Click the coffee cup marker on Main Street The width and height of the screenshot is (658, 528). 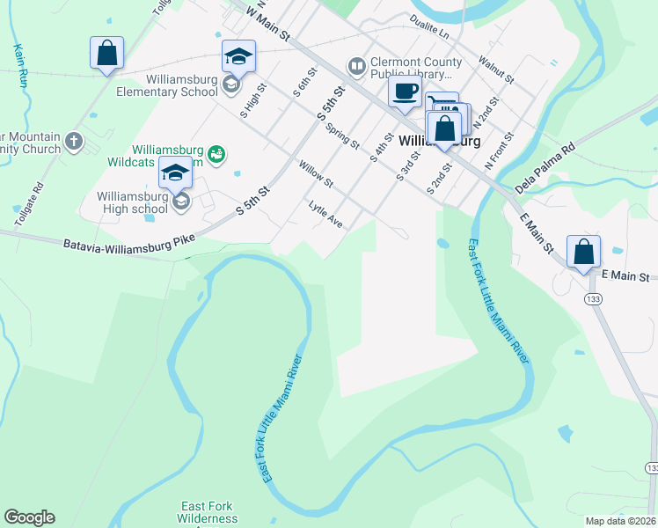(x=405, y=92)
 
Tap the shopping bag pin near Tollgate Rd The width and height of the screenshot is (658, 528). (x=106, y=53)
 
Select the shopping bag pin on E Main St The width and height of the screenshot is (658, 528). (x=583, y=253)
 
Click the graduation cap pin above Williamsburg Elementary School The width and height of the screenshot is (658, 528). (x=238, y=57)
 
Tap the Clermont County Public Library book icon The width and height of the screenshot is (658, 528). (x=356, y=66)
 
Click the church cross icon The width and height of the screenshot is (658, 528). (x=74, y=140)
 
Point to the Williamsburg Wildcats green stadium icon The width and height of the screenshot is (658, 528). (x=216, y=155)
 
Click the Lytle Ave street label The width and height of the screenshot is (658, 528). (x=325, y=214)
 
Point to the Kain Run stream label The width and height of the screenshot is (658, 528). (x=18, y=66)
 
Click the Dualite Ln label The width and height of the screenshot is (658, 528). (x=428, y=27)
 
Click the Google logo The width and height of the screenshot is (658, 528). (x=29, y=517)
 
